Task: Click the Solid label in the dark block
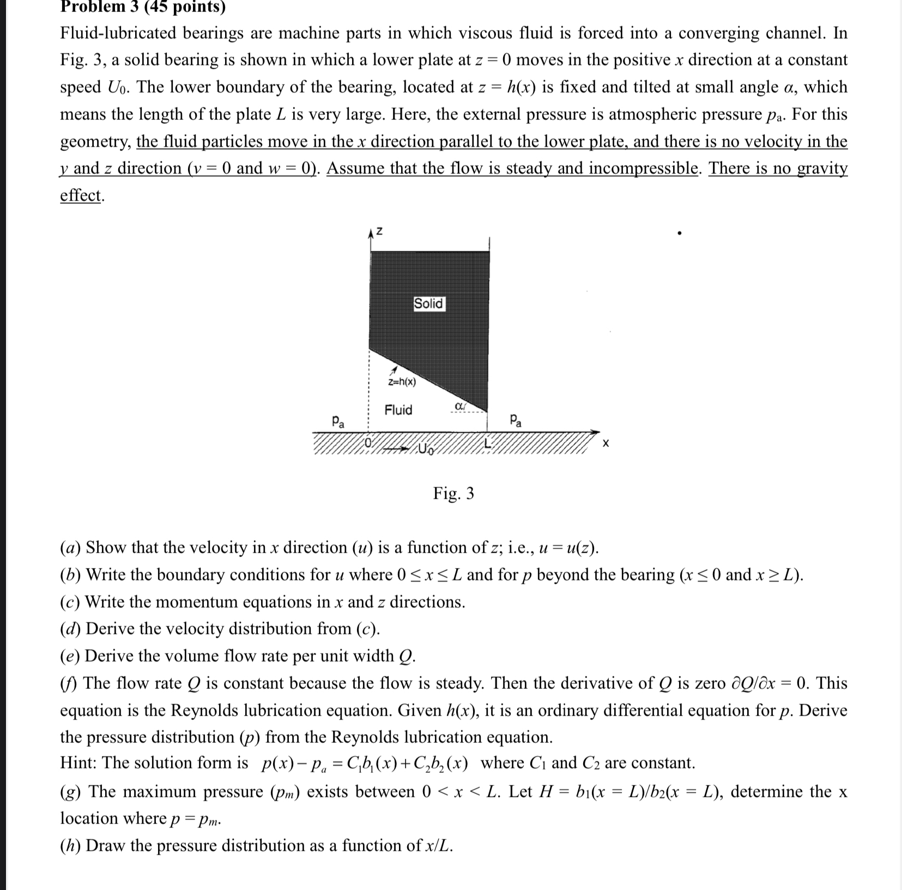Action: point(429,304)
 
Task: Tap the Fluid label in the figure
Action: point(398,410)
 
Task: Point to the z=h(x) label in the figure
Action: point(402,382)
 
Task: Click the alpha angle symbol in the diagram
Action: point(459,406)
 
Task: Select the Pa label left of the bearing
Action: point(338,421)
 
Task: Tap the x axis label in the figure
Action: point(606,444)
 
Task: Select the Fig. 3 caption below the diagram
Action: point(453,493)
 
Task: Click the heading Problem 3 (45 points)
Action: point(143,7)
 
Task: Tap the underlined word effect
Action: point(81,195)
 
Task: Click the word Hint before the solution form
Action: point(78,762)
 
